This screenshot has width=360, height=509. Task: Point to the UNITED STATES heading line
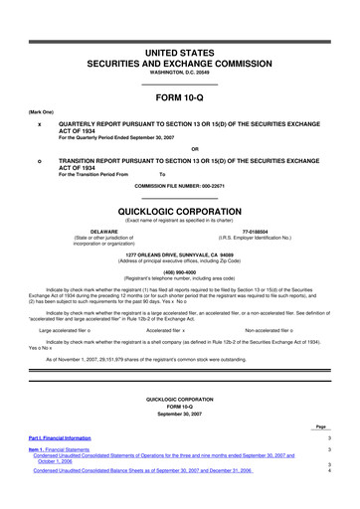pos(179,21)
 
